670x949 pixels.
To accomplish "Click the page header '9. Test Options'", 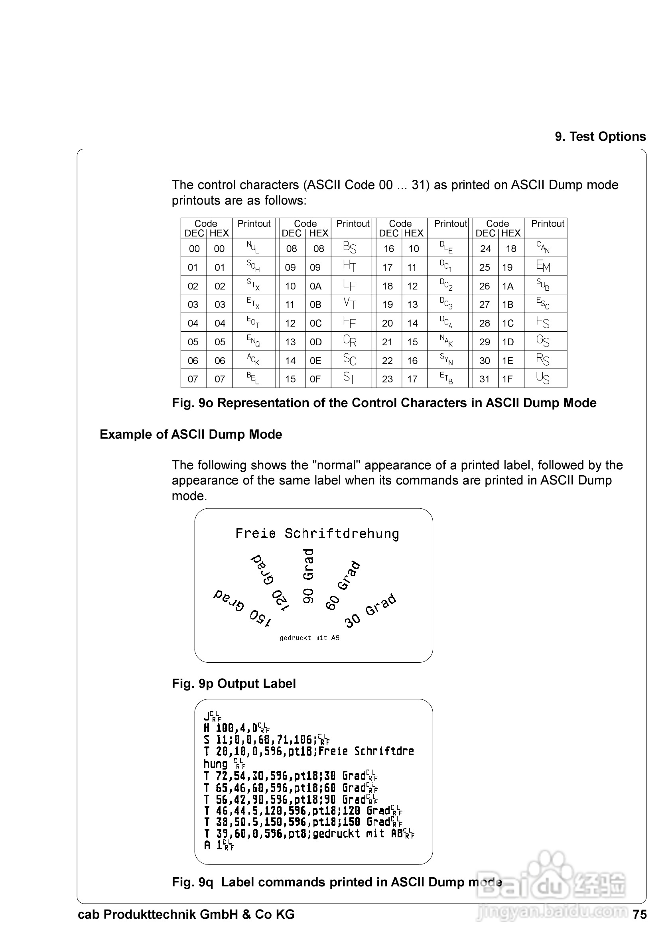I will click(x=600, y=136).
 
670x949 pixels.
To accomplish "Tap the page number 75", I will click(x=639, y=914).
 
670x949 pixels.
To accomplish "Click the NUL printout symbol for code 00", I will click(x=253, y=248).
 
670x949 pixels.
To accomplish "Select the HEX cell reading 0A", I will click(x=315, y=286).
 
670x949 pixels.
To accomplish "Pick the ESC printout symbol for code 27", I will click(x=543, y=304).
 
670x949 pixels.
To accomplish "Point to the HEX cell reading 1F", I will click(x=508, y=379).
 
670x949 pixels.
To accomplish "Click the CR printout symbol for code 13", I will click(x=350, y=341).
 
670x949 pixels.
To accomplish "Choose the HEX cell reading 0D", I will click(x=315, y=342).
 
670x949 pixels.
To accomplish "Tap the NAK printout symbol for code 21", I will click(x=446, y=341).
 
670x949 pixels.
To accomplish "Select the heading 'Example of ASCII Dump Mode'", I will click(x=191, y=434).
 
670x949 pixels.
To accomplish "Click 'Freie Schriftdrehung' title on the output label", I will click(x=317, y=534).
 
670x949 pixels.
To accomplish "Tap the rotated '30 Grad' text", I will click(x=370, y=611).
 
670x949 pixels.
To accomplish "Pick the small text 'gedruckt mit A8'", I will click(x=309, y=638).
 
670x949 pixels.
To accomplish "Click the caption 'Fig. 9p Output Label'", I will click(x=234, y=684).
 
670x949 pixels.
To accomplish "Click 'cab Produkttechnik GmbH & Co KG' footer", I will click(x=186, y=914).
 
